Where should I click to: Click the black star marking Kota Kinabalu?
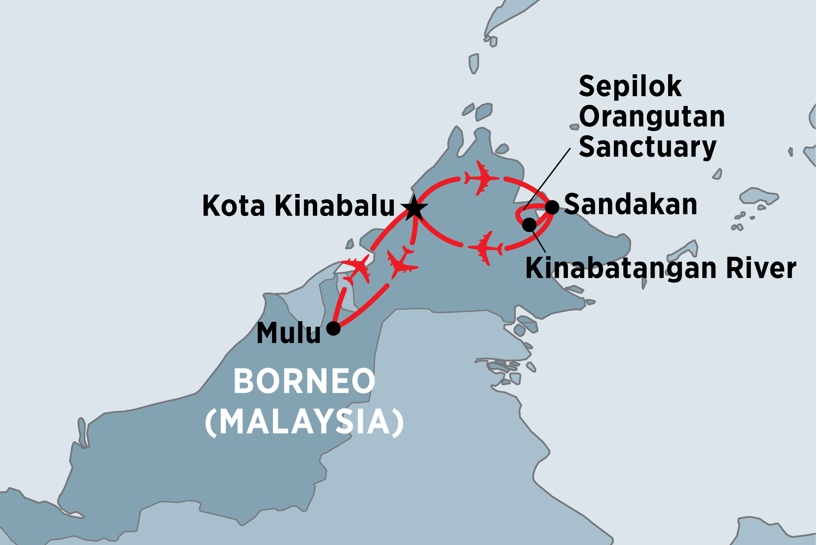(414, 208)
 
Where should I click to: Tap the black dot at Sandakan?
(552, 207)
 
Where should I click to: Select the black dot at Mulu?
(333, 328)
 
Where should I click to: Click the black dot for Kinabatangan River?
(529, 225)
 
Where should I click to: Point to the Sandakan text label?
(631, 205)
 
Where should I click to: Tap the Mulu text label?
(288, 333)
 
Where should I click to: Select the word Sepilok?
(630, 87)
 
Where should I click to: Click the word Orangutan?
(651, 117)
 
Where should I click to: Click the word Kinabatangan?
(621, 269)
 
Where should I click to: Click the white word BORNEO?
(304, 381)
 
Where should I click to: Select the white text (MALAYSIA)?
(304, 422)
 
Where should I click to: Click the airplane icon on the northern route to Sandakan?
(482, 178)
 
